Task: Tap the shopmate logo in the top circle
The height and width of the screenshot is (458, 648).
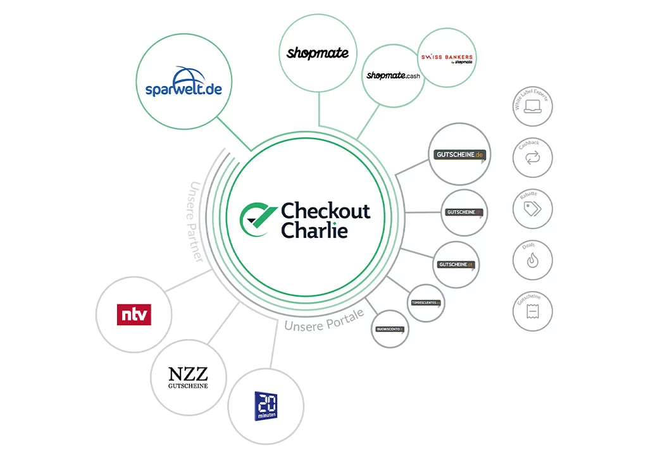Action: pos(317,53)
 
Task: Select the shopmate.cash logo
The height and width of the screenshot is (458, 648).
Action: pos(393,75)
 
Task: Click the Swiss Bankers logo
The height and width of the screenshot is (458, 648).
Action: pos(447,58)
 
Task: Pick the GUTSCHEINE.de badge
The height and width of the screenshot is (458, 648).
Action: pos(460,154)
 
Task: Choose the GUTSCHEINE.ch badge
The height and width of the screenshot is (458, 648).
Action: pos(464,213)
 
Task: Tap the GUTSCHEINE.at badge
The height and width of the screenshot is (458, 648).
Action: pos(456,264)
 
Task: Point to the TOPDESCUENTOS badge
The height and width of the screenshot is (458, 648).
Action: pos(425,303)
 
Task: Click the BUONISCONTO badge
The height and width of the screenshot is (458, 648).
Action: pos(390,329)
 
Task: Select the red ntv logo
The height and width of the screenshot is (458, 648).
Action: pos(134,314)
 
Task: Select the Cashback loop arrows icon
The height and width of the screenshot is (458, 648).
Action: pos(532,161)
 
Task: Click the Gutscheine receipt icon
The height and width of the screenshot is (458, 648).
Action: pos(532,313)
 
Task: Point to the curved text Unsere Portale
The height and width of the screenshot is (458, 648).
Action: pos(323,322)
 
